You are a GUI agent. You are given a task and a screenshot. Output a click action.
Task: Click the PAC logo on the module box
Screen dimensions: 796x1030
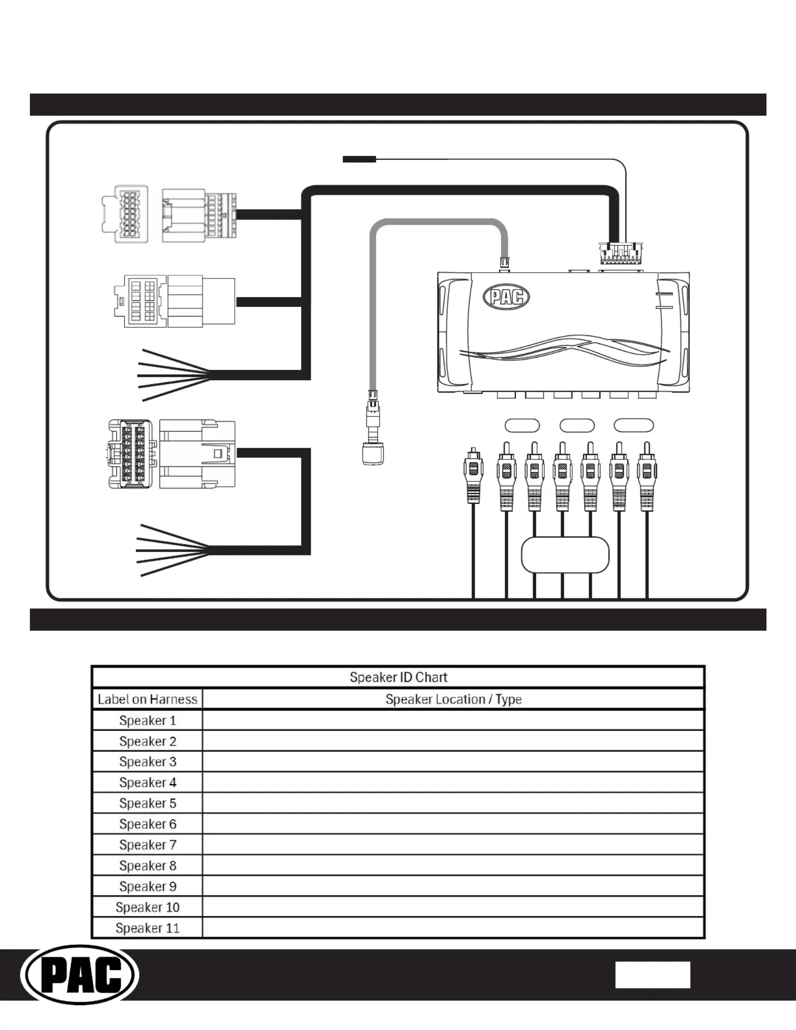point(506,297)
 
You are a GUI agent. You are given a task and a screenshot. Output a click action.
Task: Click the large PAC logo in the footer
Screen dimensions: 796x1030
point(80,975)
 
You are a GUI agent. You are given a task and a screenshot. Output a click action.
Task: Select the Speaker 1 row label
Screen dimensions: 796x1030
point(147,720)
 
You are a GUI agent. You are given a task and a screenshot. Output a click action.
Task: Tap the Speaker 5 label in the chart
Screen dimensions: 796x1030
point(147,803)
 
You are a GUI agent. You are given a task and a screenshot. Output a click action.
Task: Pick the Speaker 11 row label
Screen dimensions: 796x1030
point(147,928)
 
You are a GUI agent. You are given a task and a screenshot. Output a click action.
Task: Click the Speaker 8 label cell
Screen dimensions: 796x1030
point(147,866)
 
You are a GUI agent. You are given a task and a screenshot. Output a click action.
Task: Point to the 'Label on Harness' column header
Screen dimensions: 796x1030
point(147,699)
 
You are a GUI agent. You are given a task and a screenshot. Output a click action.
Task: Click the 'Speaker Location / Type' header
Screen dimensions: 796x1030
point(454,699)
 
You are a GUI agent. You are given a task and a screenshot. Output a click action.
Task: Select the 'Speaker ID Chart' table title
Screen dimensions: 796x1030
point(398,677)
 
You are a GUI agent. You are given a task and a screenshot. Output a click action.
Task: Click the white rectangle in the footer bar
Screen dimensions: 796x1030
point(653,975)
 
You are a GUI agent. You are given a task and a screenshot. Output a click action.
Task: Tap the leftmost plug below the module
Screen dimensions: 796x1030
point(473,475)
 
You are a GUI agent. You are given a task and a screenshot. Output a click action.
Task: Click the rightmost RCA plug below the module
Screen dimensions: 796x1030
point(647,476)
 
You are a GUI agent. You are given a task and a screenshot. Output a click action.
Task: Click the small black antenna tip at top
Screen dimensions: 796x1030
point(359,159)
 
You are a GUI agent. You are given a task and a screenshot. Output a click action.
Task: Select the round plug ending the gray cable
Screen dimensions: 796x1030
point(373,454)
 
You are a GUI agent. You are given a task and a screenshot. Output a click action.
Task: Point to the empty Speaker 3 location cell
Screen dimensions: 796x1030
point(453,762)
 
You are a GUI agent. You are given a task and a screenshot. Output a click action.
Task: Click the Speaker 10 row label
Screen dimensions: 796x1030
point(147,907)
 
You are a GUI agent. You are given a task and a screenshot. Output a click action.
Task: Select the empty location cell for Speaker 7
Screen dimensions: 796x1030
point(453,845)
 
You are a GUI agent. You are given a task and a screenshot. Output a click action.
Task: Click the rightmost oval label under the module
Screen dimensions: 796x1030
point(634,425)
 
